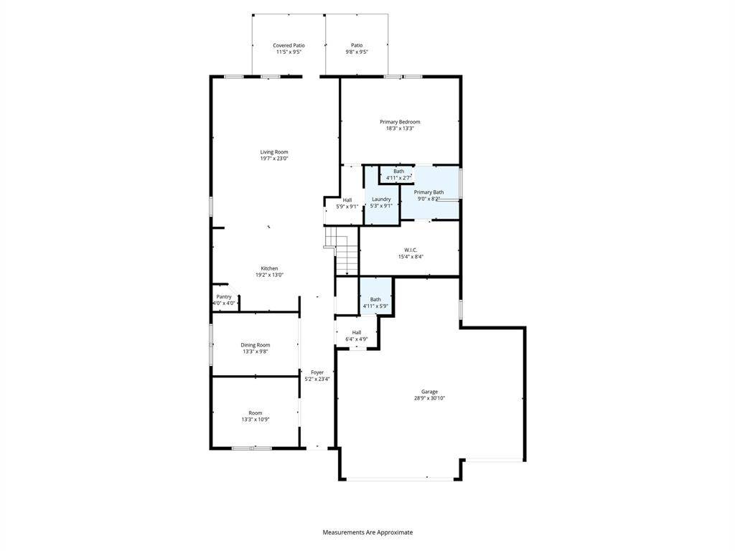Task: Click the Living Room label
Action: (x=274, y=152)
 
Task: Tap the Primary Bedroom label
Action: (x=400, y=122)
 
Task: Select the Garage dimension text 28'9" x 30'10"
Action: (x=429, y=398)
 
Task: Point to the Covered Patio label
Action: (x=289, y=45)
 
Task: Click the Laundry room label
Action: (x=381, y=199)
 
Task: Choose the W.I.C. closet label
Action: (x=411, y=250)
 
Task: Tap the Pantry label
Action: (x=224, y=296)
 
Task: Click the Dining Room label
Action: (x=256, y=345)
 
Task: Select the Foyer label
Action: (x=317, y=372)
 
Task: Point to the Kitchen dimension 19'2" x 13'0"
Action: (x=270, y=275)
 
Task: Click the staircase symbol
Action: (x=342, y=251)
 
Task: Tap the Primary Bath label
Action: (x=429, y=192)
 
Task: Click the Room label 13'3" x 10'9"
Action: (x=256, y=416)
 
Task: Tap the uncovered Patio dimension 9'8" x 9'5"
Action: (x=357, y=52)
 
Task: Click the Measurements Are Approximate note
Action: (x=367, y=532)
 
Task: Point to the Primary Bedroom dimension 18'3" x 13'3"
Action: (x=400, y=128)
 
